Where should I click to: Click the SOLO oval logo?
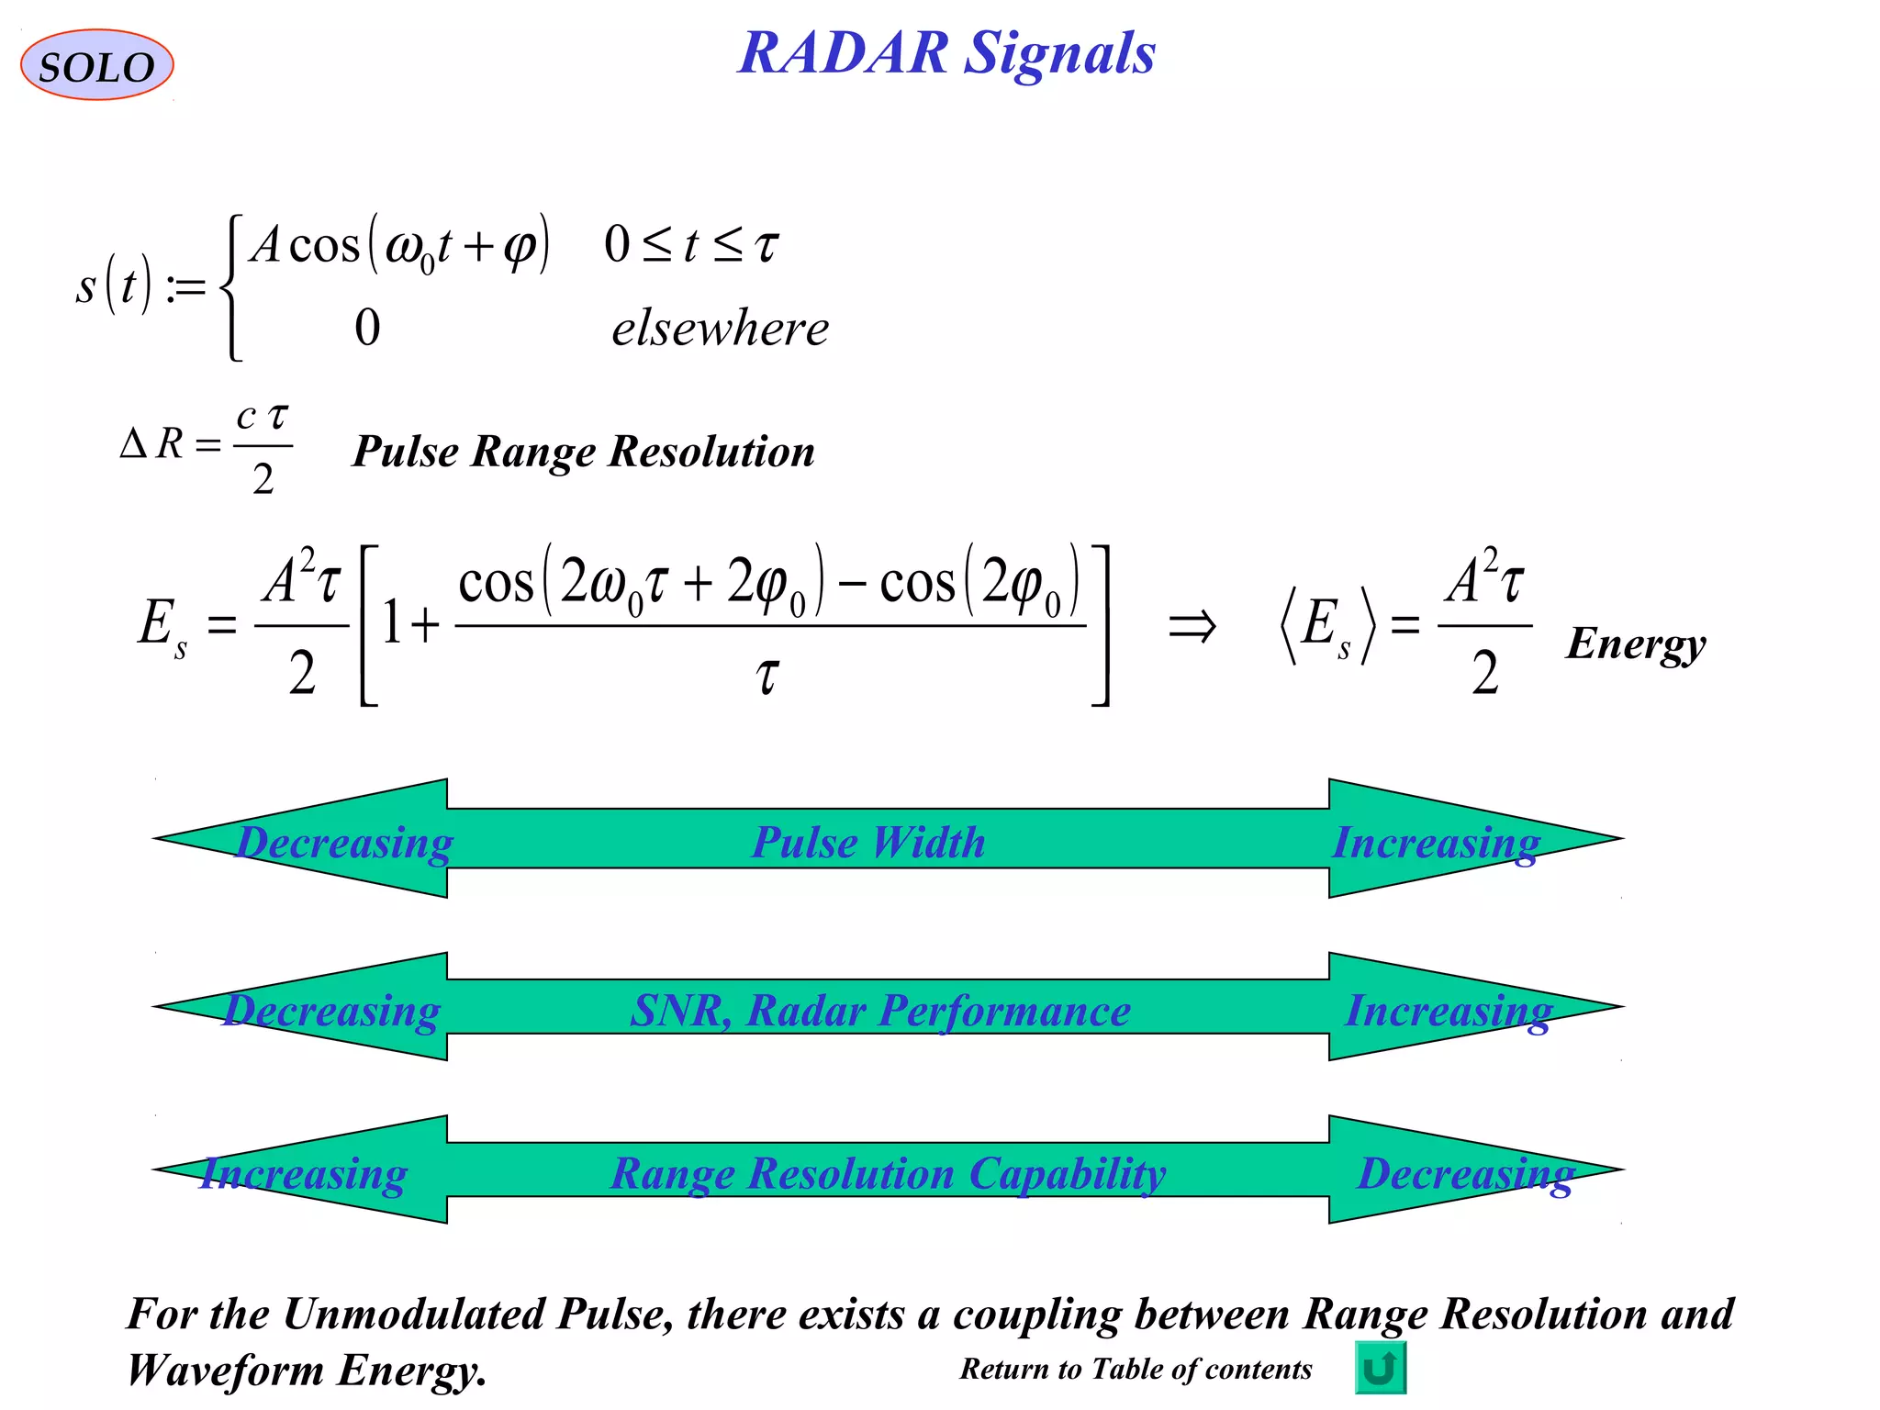[96, 65]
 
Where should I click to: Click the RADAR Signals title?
[946, 52]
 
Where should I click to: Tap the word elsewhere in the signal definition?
[720, 329]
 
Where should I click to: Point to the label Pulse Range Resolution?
[584, 452]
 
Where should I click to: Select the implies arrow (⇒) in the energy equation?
[1192, 628]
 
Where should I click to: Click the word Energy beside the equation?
[1636, 643]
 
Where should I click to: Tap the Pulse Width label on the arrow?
[868, 842]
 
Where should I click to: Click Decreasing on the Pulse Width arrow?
[344, 842]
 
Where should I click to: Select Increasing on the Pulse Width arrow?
[1436, 842]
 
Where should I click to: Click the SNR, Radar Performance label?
[880, 1011]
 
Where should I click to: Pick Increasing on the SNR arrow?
[1449, 1011]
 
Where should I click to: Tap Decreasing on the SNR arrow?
[332, 1011]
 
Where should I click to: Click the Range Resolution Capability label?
[888, 1173]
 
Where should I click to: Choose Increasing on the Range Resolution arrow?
[304, 1173]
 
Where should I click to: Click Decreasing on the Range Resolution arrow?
[1466, 1173]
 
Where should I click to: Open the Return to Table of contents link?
[1136, 1369]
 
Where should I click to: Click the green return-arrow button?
[1380, 1368]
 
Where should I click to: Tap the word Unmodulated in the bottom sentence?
[418, 1314]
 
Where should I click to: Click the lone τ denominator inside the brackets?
[767, 676]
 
